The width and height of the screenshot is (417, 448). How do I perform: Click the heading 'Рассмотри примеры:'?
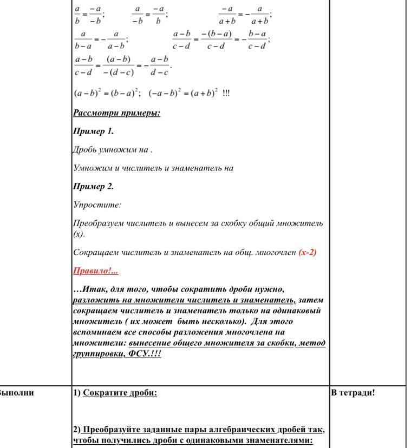[116, 113]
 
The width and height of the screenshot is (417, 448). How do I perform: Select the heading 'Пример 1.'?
[93, 131]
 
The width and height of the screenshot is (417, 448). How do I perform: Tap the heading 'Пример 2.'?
[93, 187]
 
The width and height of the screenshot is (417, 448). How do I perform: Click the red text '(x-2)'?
[307, 252]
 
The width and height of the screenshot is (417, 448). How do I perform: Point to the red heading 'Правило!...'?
[95, 271]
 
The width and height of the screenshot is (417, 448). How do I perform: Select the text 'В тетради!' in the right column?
[353, 393]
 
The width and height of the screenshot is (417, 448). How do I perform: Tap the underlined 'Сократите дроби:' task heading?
[120, 393]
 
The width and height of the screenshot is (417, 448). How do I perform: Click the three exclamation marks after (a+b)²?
[226, 93]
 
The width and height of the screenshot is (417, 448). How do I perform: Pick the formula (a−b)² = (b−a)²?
[108, 93]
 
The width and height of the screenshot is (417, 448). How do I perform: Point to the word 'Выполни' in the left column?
[16, 393]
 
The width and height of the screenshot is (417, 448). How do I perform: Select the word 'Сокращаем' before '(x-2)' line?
[93, 252]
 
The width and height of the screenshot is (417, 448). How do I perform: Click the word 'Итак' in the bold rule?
[91, 289]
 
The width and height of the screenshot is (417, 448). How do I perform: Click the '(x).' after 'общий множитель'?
[79, 234]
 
